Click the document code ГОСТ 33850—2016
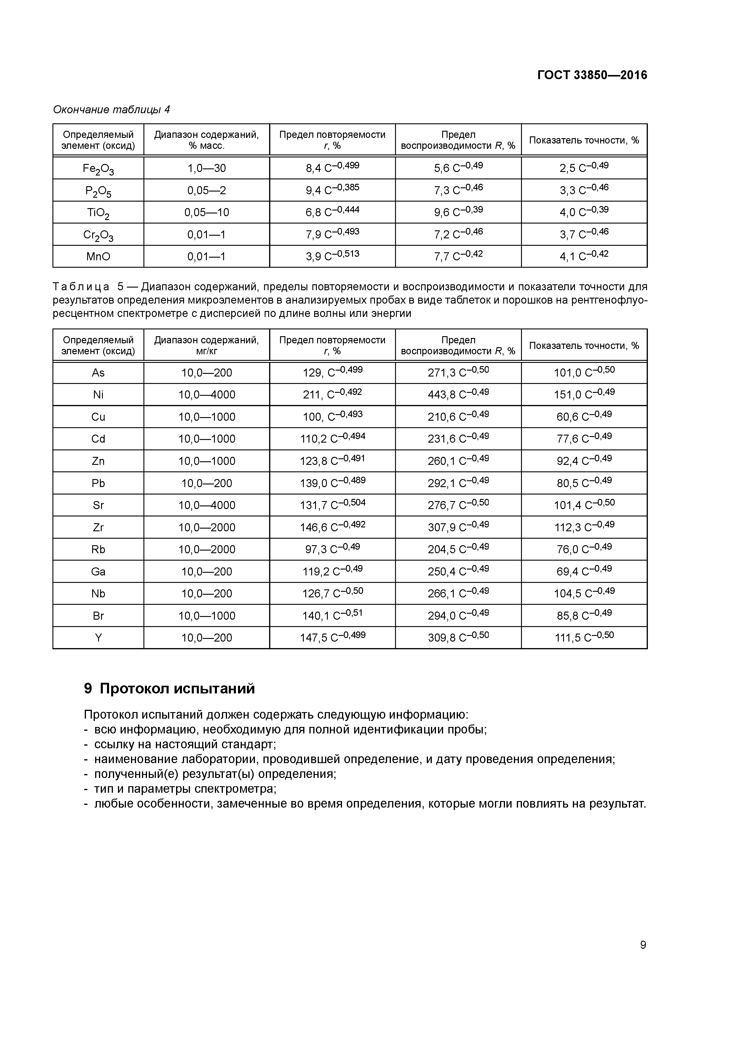click(592, 75)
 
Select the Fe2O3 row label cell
click(98, 168)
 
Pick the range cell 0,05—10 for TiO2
click(207, 212)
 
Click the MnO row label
click(98, 257)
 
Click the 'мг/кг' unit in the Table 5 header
click(207, 351)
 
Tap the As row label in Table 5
click(98, 373)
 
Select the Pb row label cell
click(98, 483)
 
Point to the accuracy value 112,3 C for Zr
click(584, 527)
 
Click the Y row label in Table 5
click(98, 638)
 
